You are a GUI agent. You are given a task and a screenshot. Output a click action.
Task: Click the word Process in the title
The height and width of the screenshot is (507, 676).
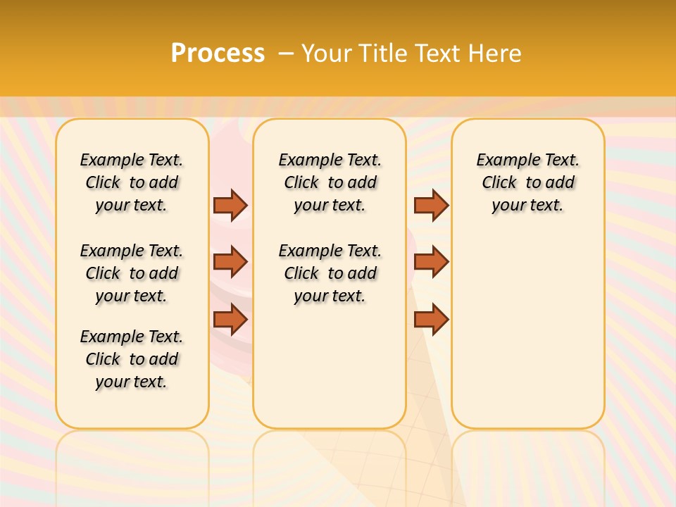[x=218, y=53]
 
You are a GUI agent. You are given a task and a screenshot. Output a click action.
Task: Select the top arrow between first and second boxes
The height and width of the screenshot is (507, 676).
[x=230, y=205]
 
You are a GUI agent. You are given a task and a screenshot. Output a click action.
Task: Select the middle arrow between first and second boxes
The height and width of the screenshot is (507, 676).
[x=230, y=262]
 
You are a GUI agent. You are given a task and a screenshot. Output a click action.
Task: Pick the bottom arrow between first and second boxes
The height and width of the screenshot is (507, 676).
[x=230, y=320]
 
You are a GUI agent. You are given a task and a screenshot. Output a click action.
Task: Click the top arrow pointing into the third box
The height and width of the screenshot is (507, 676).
[x=431, y=205]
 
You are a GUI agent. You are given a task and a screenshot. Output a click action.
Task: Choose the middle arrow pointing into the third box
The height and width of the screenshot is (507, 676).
[x=431, y=262]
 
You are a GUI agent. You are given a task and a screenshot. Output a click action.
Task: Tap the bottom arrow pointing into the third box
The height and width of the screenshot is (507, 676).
[x=431, y=320]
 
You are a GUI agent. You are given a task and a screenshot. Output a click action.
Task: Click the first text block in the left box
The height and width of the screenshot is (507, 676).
[x=132, y=182]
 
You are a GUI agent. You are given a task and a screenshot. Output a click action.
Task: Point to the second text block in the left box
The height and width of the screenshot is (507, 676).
[x=132, y=273]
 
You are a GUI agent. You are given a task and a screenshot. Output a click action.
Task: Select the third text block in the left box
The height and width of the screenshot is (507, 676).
[x=132, y=359]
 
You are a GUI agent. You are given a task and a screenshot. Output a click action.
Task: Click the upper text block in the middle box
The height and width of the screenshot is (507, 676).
[x=330, y=182]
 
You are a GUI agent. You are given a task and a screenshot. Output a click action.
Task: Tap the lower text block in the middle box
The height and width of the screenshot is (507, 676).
[x=330, y=273]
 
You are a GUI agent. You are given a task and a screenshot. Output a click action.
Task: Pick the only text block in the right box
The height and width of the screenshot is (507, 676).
[x=527, y=182]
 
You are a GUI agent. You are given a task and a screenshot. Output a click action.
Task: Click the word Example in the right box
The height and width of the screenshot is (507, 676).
[x=502, y=161]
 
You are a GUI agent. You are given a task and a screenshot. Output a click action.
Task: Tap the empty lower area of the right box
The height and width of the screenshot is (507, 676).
[x=527, y=338]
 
